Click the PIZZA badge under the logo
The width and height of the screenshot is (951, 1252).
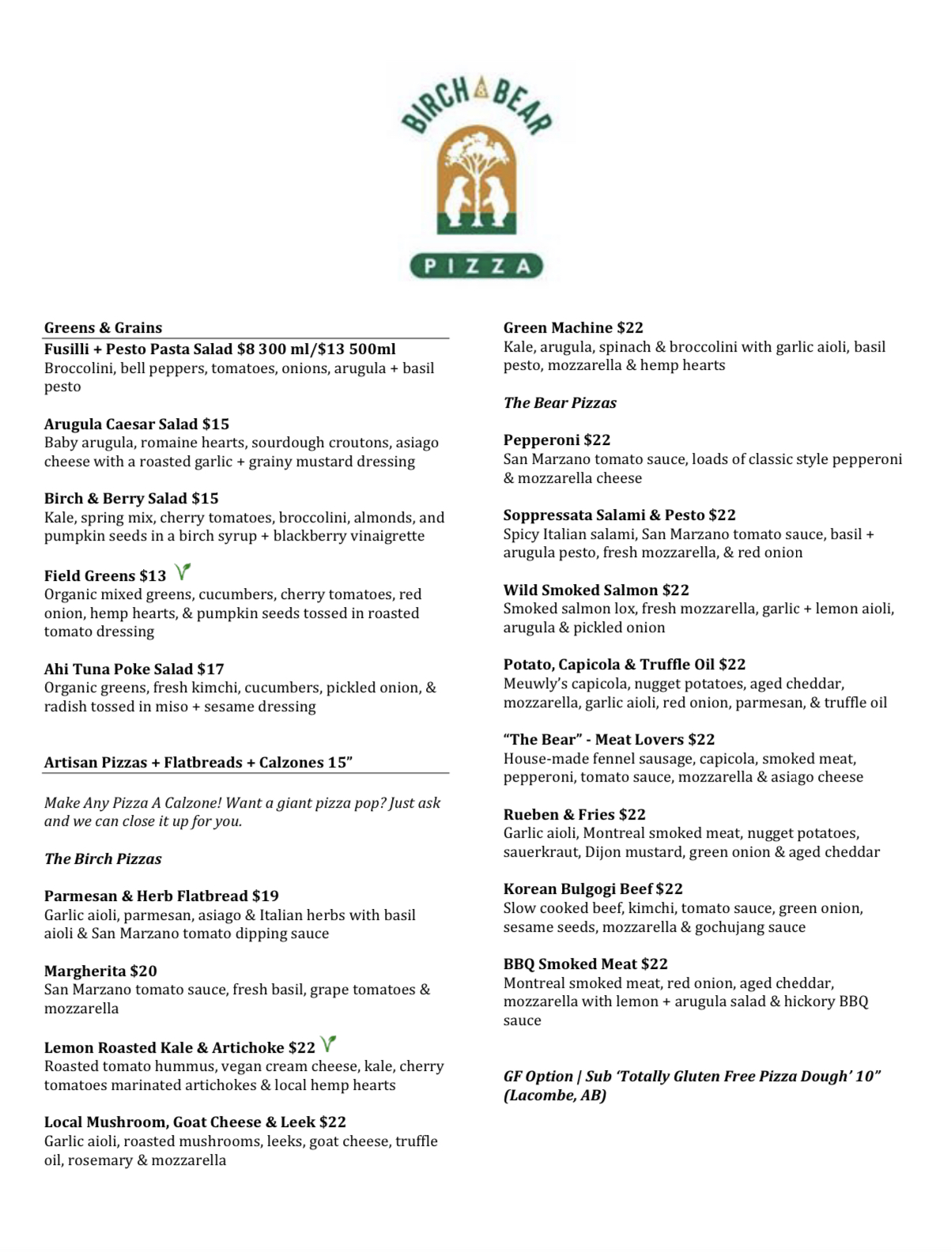click(476, 266)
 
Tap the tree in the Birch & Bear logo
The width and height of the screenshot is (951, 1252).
click(477, 162)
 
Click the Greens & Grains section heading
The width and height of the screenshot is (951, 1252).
click(103, 328)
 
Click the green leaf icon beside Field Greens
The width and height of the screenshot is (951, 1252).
click(183, 571)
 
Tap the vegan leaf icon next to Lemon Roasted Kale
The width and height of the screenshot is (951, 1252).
click(329, 1043)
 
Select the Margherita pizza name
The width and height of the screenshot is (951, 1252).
click(85, 971)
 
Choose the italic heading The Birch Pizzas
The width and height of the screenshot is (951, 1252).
click(103, 859)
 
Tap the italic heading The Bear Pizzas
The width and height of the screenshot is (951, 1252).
click(560, 403)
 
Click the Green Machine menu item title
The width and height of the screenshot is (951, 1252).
click(558, 328)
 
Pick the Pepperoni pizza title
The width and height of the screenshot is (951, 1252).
click(542, 440)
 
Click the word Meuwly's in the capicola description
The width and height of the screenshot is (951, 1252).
click(534, 684)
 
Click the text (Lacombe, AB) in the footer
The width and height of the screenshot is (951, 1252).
click(555, 1095)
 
